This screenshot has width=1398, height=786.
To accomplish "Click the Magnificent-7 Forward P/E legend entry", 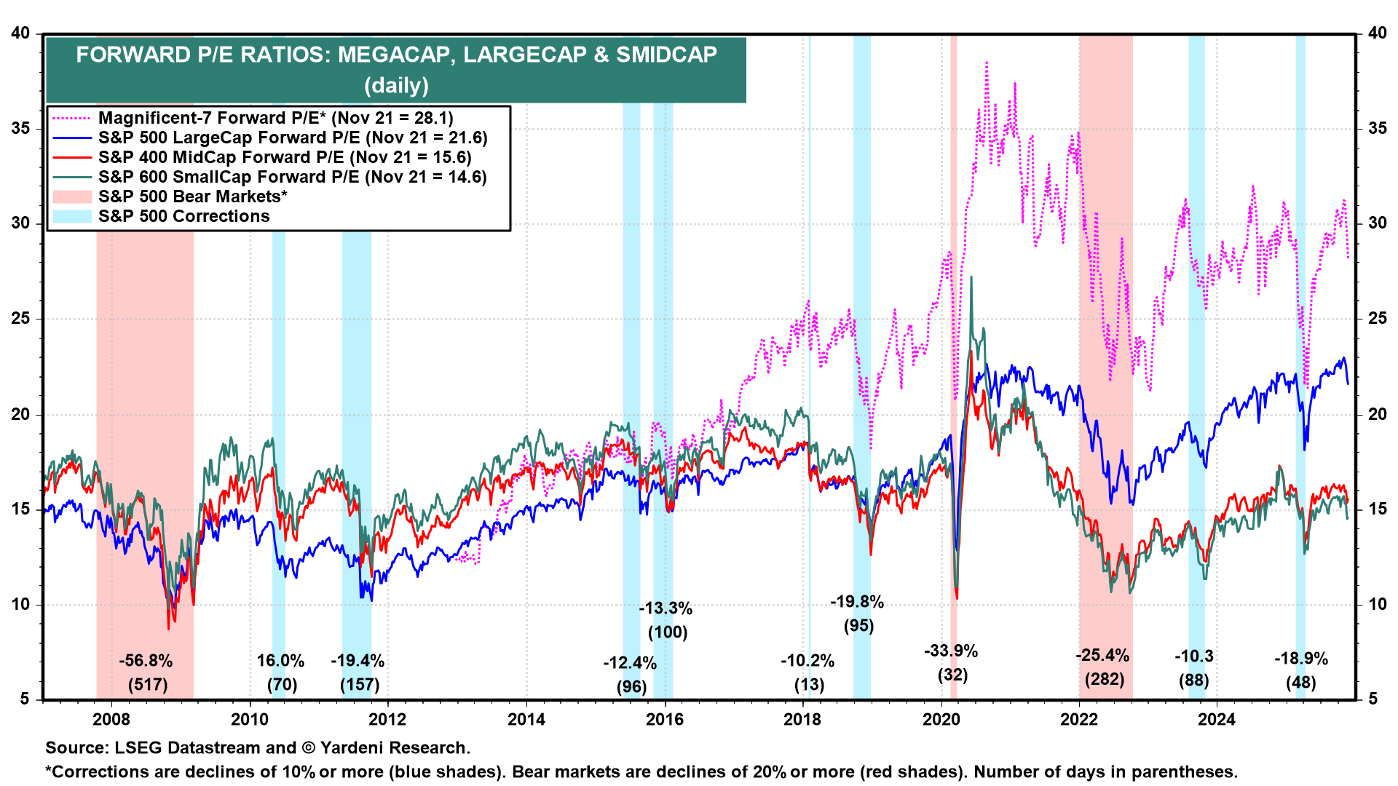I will click(275, 118).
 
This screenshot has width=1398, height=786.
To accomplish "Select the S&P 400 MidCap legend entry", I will click(284, 157).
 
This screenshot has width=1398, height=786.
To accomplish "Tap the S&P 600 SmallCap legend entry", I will click(292, 177).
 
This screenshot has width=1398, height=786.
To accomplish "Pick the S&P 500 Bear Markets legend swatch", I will click(73, 196).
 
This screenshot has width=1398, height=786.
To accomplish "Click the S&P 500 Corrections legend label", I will click(183, 216).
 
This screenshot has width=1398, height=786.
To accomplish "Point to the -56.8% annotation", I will click(146, 661).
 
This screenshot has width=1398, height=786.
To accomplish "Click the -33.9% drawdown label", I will click(951, 651).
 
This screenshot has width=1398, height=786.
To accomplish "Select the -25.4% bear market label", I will click(1102, 655).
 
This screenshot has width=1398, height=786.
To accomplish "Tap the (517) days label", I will click(147, 685).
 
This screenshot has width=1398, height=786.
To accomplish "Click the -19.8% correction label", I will click(857, 602).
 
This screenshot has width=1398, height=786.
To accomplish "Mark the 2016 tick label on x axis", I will click(664, 719).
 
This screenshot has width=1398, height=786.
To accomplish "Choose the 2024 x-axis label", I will click(1217, 719).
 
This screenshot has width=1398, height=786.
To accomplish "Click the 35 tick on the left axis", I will click(21, 129).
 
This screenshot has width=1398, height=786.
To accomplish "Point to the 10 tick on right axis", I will click(1376, 605).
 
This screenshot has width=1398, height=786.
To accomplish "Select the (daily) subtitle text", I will click(396, 85).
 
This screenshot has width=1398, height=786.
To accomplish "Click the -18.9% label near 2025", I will click(1300, 659).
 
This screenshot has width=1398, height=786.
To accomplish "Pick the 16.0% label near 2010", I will click(280, 661).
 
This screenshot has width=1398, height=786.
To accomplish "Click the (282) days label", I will click(1104, 680).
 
